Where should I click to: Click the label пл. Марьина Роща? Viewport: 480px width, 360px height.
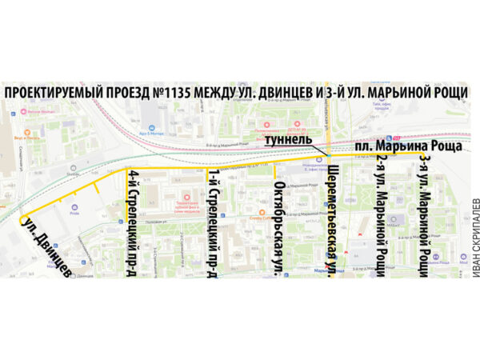(408, 146)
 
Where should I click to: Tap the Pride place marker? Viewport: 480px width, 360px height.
(74, 206)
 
